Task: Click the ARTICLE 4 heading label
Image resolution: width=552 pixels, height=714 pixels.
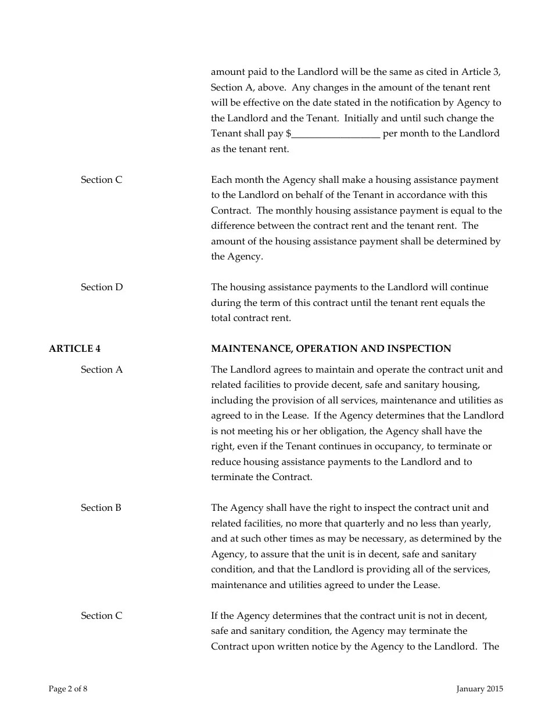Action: tap(74, 349)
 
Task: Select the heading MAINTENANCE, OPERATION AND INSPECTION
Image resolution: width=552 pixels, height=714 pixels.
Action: tap(331, 349)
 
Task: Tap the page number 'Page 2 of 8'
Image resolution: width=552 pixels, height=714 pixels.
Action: tap(68, 689)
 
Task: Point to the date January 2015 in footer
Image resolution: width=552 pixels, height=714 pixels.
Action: tap(479, 689)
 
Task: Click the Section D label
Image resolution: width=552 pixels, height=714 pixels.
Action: tap(102, 287)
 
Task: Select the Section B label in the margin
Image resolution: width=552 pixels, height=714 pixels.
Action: tap(101, 508)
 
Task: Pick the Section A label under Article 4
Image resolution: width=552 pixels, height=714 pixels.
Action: tap(102, 370)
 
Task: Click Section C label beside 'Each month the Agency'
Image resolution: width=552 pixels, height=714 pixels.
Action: tap(102, 180)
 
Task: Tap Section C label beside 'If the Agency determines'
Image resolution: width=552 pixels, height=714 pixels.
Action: tap(102, 616)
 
